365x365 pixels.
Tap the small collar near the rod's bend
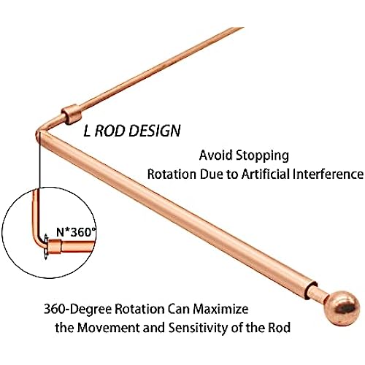coord(71,114)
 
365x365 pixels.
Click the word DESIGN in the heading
coord(155,131)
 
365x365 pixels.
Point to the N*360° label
coord(76,232)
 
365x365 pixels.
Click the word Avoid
coord(216,155)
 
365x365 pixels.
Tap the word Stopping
coord(263,156)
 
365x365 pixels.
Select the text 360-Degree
coord(77,310)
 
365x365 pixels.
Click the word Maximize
coord(220,309)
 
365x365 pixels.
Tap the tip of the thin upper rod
coord(242,28)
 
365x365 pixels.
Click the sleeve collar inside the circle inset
coord(55,247)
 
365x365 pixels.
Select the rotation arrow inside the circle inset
coord(45,247)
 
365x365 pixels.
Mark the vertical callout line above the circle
coord(39,165)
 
